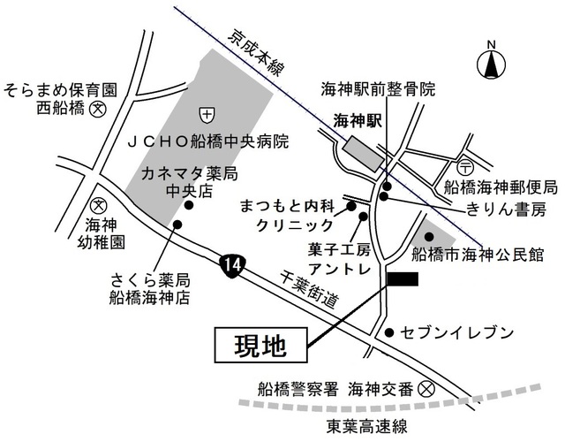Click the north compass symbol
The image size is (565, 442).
coord(491,65)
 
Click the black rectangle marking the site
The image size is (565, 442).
coord(402,280)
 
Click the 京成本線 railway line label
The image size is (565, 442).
coord(255,57)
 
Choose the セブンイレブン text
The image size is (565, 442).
coord(456,332)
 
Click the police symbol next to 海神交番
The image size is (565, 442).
coord(426,388)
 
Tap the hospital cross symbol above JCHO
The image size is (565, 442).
coord(206,113)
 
